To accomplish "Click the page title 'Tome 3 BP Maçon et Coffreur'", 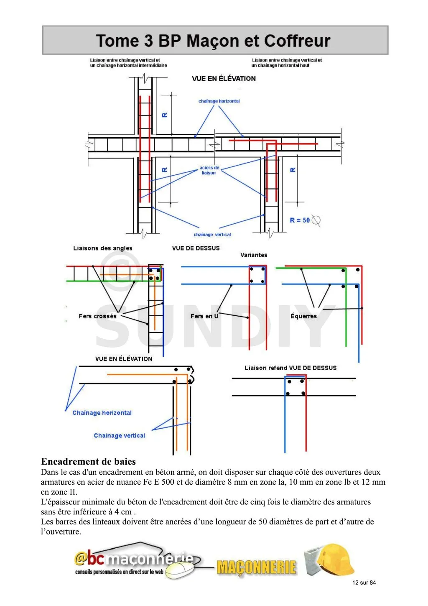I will pos(213,41).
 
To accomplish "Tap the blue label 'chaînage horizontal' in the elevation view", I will pos(219,101).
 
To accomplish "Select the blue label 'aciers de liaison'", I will pos(209,170).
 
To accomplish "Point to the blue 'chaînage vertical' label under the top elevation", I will pos(212,235).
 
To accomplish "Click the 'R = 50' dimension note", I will pos(300,220).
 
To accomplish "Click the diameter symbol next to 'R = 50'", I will pos(316,220).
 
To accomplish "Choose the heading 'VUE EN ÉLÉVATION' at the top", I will pos(224,79).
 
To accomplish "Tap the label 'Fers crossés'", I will pos(97,316).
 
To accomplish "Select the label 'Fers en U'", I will pos(204,316).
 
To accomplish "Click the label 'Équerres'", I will pos(303,316).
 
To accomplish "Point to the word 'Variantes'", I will pos(254,255).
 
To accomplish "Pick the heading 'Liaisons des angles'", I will pos(103,248).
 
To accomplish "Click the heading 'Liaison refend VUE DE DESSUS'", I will pos(290,368).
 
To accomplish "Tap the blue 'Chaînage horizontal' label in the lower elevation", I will pos(102,413).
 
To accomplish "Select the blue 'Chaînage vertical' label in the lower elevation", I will pos(120,435).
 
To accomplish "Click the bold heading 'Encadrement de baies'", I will pos(88,462).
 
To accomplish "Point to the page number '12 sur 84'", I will pos(364,583).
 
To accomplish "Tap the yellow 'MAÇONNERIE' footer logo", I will pos(256,568).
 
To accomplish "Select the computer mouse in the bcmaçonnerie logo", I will pos(180,570).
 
